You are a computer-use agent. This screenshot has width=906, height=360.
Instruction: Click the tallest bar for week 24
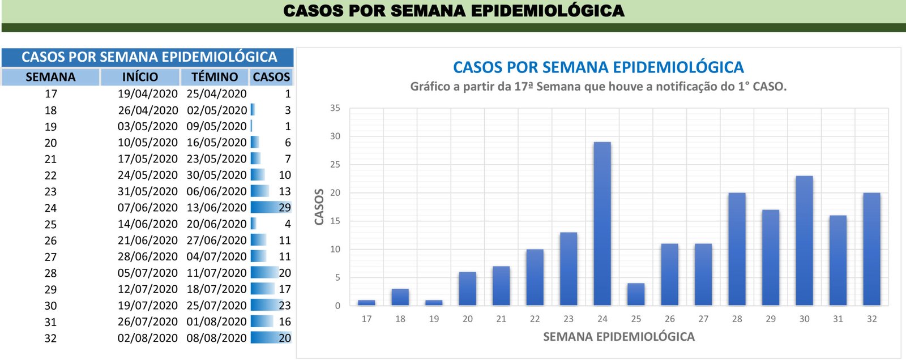[602, 224]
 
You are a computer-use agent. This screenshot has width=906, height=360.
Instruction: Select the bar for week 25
[636, 294]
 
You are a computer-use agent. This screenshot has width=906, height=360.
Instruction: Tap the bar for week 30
[804, 241]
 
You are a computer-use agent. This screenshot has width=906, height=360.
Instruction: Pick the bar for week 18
[400, 297]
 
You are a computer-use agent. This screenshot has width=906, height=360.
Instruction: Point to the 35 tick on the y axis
[335, 108]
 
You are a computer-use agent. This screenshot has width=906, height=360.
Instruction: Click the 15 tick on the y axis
[335, 221]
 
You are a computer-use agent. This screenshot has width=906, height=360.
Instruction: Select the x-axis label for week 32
[871, 319]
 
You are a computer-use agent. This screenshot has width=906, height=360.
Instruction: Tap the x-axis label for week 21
[501, 319]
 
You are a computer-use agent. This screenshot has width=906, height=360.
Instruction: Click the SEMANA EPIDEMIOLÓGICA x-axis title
[618, 337]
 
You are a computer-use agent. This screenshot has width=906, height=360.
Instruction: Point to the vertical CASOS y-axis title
[319, 207]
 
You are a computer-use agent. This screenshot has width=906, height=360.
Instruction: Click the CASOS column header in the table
[271, 77]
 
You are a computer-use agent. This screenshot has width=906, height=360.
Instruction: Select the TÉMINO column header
[215, 77]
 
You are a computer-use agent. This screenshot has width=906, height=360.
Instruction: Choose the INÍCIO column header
[140, 77]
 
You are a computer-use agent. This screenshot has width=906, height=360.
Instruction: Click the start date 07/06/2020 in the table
[148, 208]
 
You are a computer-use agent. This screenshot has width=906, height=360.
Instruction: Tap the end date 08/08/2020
[217, 338]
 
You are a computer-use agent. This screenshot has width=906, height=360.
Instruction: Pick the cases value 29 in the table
[284, 208]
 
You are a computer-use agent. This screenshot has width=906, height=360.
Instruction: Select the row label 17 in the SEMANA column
[51, 94]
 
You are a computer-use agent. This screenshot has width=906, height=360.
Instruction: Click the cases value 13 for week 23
[284, 191]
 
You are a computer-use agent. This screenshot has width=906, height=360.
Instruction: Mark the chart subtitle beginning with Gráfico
[598, 87]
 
